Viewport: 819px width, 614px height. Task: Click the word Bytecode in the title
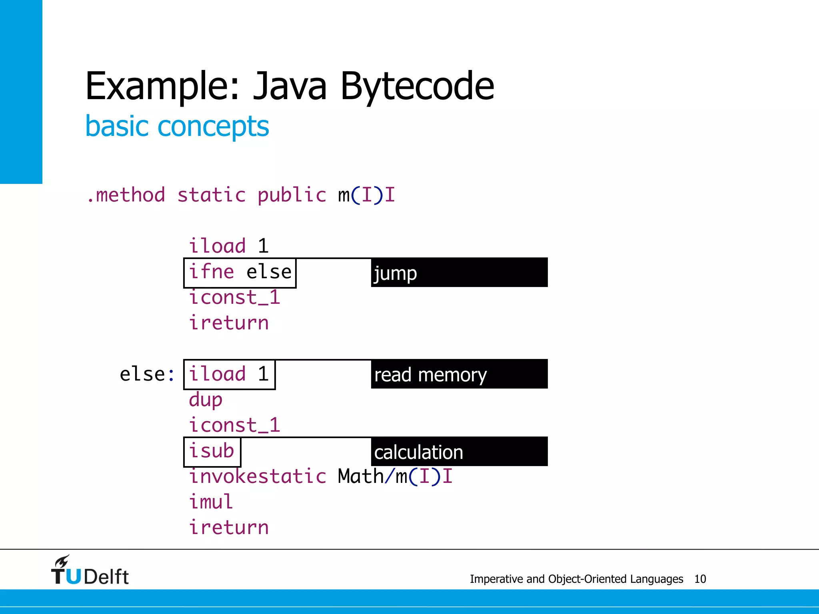(417, 86)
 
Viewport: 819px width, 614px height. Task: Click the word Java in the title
(290, 86)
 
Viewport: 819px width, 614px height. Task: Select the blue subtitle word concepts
(213, 126)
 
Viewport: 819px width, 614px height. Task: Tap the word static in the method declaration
(211, 195)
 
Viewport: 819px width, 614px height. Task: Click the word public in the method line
(292, 195)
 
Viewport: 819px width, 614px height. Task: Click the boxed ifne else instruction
(240, 273)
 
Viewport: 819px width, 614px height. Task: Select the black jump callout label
(459, 273)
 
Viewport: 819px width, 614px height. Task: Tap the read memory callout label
(459, 375)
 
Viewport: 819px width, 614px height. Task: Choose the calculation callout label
(459, 452)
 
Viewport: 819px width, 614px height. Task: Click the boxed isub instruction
(212, 452)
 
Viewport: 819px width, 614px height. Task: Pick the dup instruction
(206, 400)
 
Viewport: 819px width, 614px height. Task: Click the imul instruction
(211, 502)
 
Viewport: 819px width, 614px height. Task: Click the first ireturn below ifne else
(229, 323)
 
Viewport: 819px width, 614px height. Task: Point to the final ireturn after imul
(229, 528)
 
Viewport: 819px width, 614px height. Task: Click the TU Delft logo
(90, 571)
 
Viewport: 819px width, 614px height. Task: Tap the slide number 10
(700, 579)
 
